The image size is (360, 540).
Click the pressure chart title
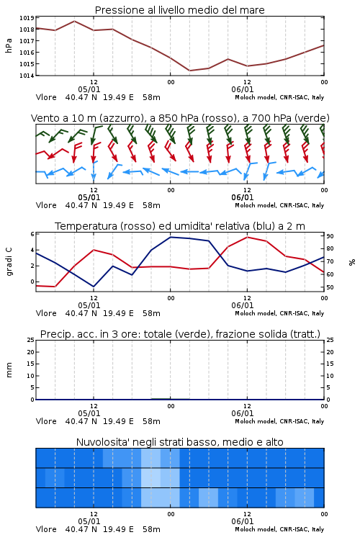tap(179, 10)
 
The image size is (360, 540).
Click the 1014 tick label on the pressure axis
tap(27, 76)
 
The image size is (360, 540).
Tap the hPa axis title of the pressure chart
tap(9, 46)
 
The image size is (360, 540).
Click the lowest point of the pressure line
tap(190, 71)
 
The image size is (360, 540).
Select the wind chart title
tap(180, 118)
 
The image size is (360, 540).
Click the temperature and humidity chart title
tap(180, 226)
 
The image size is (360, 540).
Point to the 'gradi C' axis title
tap(9, 261)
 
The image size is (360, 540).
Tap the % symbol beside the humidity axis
tap(352, 262)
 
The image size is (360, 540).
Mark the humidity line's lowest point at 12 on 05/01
tap(94, 287)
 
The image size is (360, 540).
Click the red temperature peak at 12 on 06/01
tap(248, 237)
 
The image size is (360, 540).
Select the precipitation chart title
tap(180, 334)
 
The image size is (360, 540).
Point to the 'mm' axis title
tap(9, 370)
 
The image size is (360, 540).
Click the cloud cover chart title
tap(180, 442)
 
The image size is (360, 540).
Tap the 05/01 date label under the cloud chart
tap(89, 521)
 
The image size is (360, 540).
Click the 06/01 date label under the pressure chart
tap(243, 89)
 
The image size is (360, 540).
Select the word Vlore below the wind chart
tap(46, 205)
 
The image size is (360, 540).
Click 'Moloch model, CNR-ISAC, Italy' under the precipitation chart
tap(279, 421)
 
